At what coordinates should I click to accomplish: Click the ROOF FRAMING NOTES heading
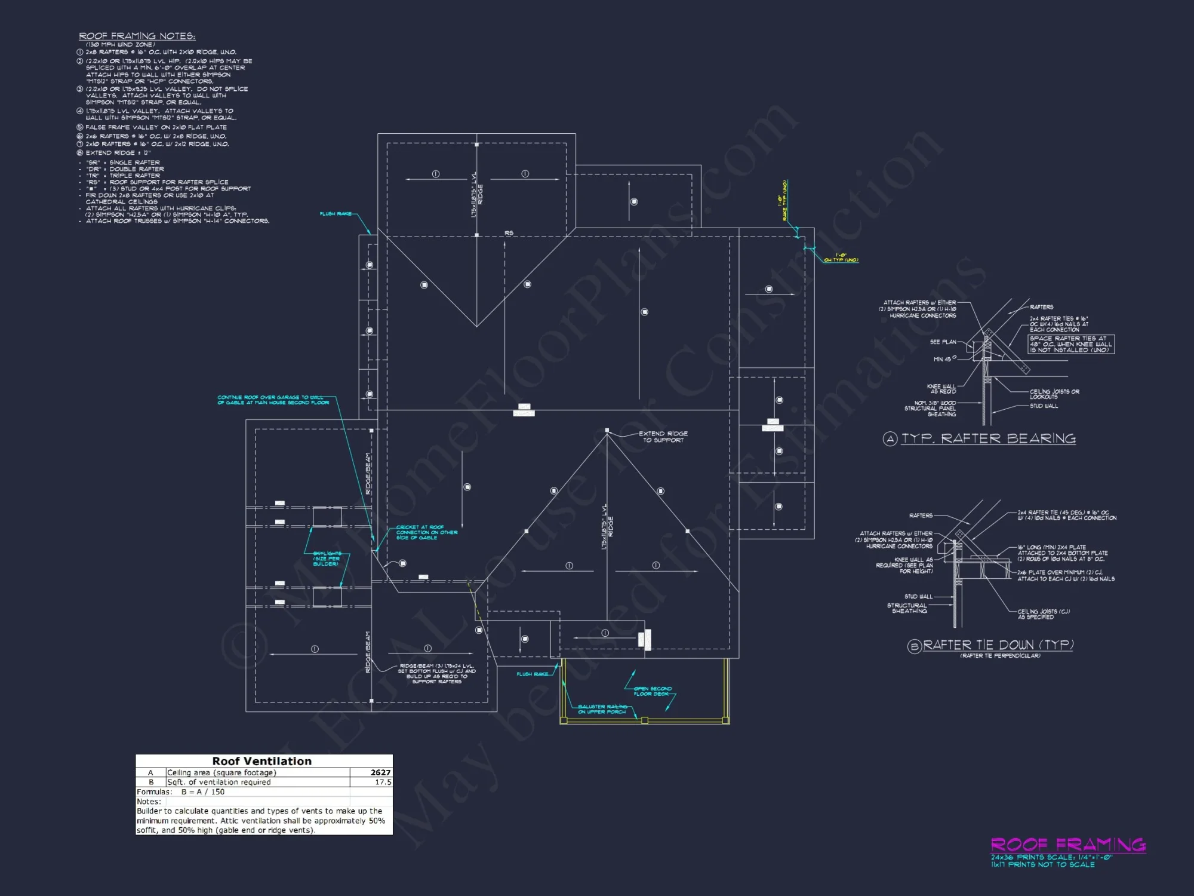(x=137, y=36)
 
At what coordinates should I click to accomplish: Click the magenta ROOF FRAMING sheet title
(x=1068, y=844)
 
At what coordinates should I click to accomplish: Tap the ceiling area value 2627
(x=380, y=772)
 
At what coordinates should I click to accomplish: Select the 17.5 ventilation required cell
(x=383, y=782)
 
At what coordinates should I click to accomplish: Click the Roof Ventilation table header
(x=262, y=761)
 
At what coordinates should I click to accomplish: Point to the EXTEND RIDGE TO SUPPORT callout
(x=663, y=437)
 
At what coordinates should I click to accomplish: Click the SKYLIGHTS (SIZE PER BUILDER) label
(x=326, y=559)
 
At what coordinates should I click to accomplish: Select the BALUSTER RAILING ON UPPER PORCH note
(x=602, y=709)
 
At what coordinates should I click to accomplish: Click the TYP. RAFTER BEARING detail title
(x=988, y=438)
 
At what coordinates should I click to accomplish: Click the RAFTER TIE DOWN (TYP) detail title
(x=998, y=645)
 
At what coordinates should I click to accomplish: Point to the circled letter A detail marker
(x=890, y=439)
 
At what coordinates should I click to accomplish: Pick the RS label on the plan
(x=509, y=233)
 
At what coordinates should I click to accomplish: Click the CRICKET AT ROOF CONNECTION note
(x=426, y=532)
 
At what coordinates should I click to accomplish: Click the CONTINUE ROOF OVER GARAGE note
(x=273, y=400)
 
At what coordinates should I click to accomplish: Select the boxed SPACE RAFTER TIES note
(x=1070, y=344)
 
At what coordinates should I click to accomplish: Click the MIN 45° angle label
(x=944, y=359)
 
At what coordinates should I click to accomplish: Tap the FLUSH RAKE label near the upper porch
(x=532, y=674)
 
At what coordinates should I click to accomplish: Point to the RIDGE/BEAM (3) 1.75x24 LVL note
(x=437, y=673)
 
